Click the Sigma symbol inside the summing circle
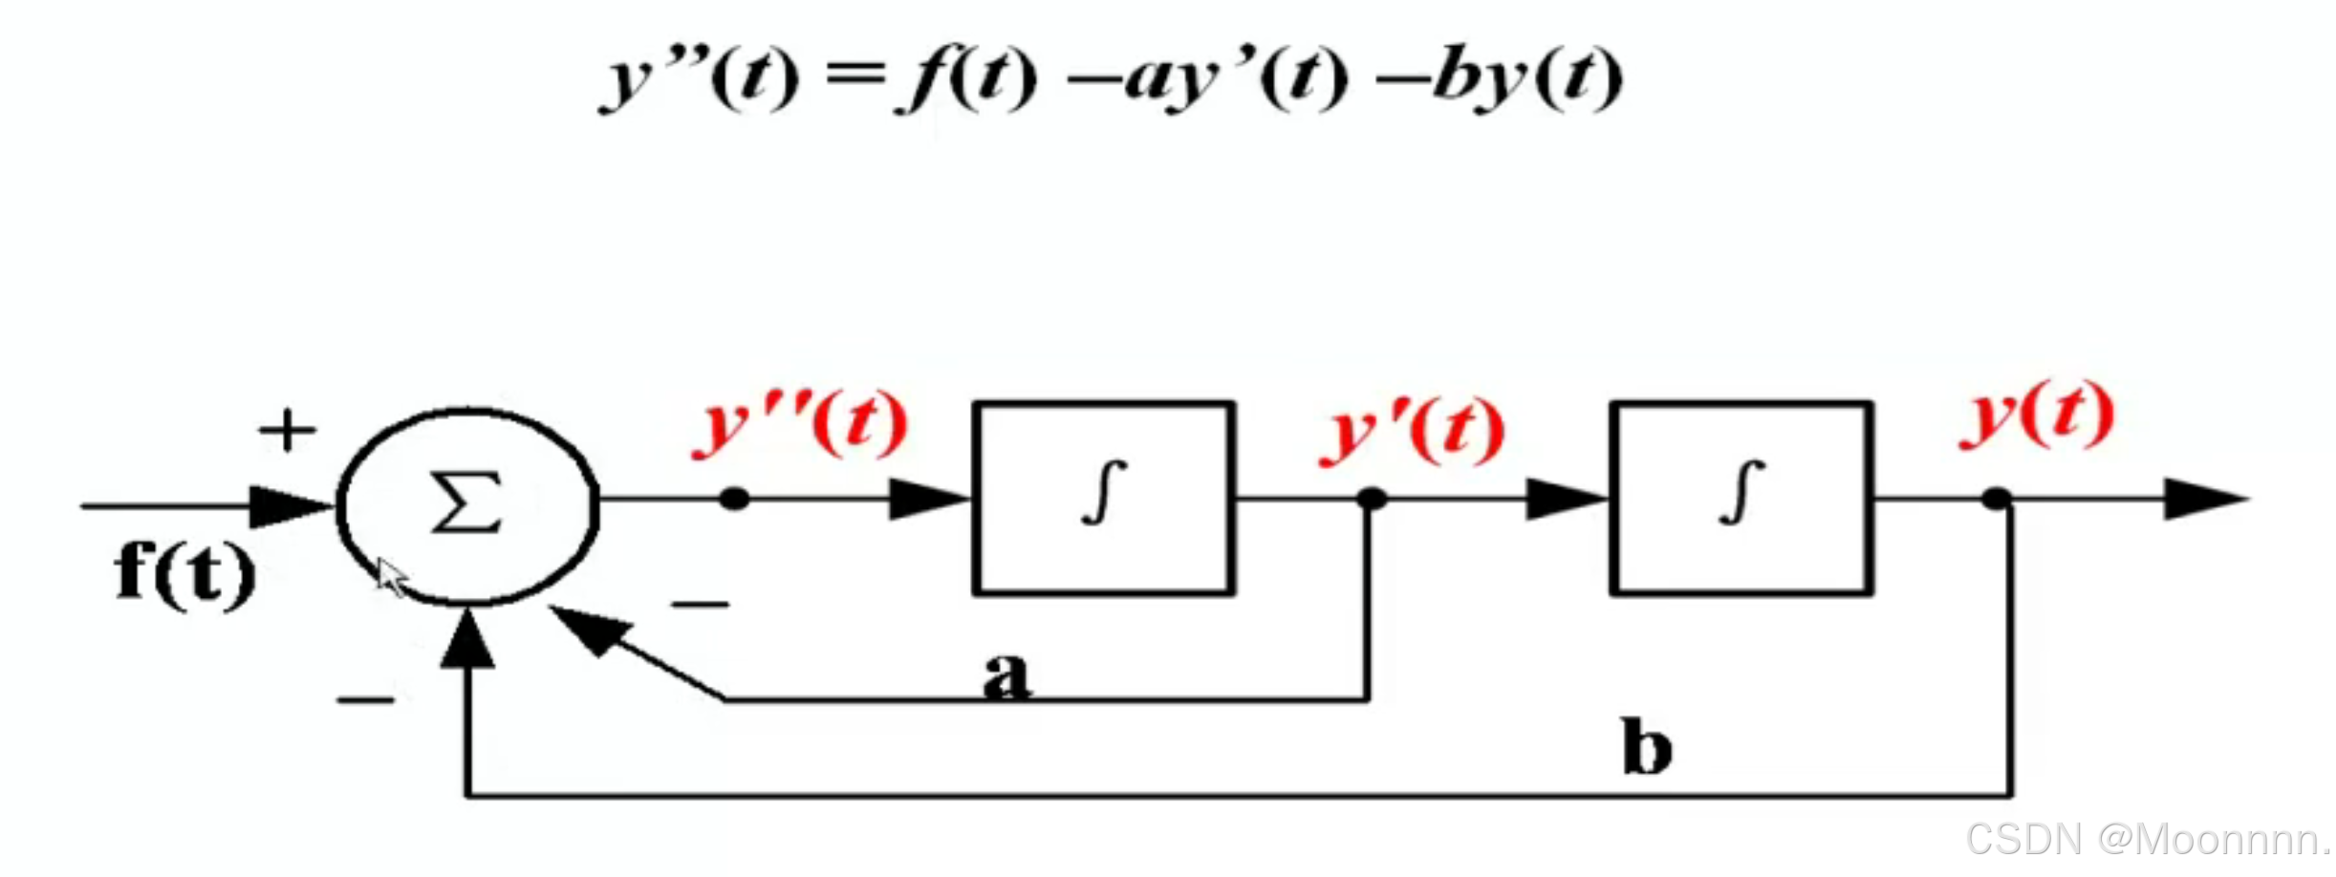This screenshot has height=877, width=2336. pos(466,503)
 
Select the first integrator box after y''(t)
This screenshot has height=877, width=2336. pos(1103,498)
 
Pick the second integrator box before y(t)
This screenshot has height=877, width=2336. pos(1741,498)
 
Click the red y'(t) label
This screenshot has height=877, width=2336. pos(1413,431)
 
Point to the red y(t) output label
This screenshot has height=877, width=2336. pos(2037,415)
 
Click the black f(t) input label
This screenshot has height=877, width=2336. pos(184,572)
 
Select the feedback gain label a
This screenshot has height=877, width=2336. pos(1006,674)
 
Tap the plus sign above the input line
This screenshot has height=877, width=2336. pos(287,430)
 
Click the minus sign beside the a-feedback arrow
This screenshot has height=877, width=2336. pos(700,604)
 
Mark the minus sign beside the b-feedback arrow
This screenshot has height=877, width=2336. pos(365,700)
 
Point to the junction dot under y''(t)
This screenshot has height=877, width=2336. pos(734,498)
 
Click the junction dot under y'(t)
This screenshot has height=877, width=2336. pos(1371,498)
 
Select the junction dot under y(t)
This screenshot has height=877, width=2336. pos(1997,498)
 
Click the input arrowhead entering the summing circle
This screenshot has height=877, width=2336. pos(287,506)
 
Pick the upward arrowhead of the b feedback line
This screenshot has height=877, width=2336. pos(466,640)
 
